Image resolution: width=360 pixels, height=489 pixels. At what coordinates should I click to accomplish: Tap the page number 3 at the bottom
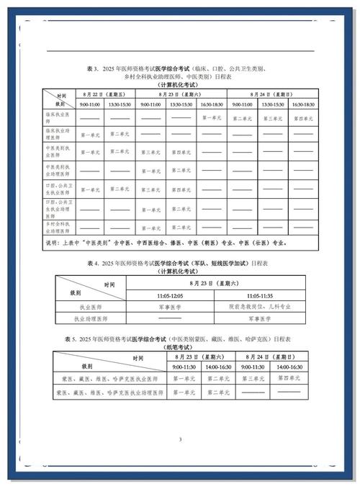[180, 439]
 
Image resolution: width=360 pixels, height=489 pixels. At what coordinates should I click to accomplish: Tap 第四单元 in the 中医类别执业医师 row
[181, 153]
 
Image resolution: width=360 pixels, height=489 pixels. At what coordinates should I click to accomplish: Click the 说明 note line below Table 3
[166, 243]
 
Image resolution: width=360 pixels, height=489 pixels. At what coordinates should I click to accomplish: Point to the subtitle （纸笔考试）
[176, 346]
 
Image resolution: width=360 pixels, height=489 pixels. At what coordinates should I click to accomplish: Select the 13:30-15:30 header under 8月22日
[120, 104]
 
